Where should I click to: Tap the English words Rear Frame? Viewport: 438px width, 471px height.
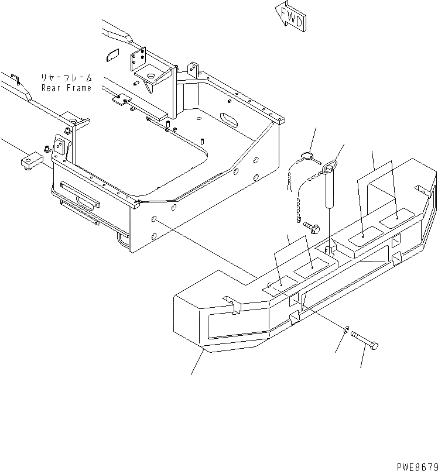[x=66, y=88]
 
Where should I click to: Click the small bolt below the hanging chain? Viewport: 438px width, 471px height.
[x=310, y=225]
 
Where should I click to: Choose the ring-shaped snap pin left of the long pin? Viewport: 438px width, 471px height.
[x=307, y=156]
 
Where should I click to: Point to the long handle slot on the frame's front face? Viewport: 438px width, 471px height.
[x=81, y=194]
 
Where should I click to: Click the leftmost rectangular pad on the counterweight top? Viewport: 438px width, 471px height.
[x=279, y=286]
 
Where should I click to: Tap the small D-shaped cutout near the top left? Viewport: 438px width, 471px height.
[x=111, y=56]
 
